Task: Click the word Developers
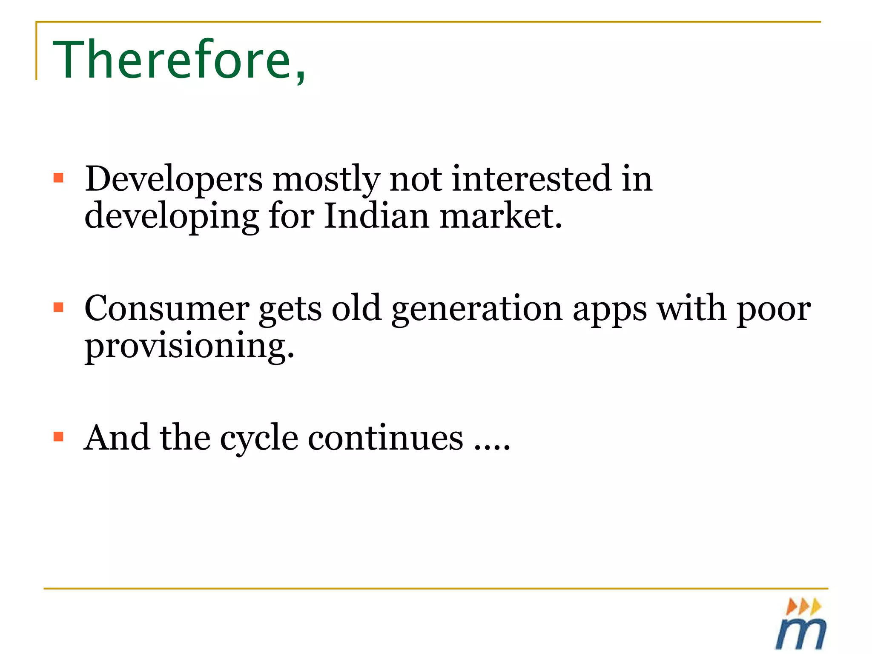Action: pos(174,179)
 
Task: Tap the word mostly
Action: pos(326,179)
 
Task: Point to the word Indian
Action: pos(376,216)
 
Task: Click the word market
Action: pos(501,216)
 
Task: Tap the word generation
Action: pos(477,309)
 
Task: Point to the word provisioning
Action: pos(189,346)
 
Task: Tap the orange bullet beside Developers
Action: pos(59,178)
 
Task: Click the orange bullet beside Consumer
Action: pos(59,307)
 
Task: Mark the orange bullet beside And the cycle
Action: pos(59,436)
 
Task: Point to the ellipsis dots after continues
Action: pos(492,447)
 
